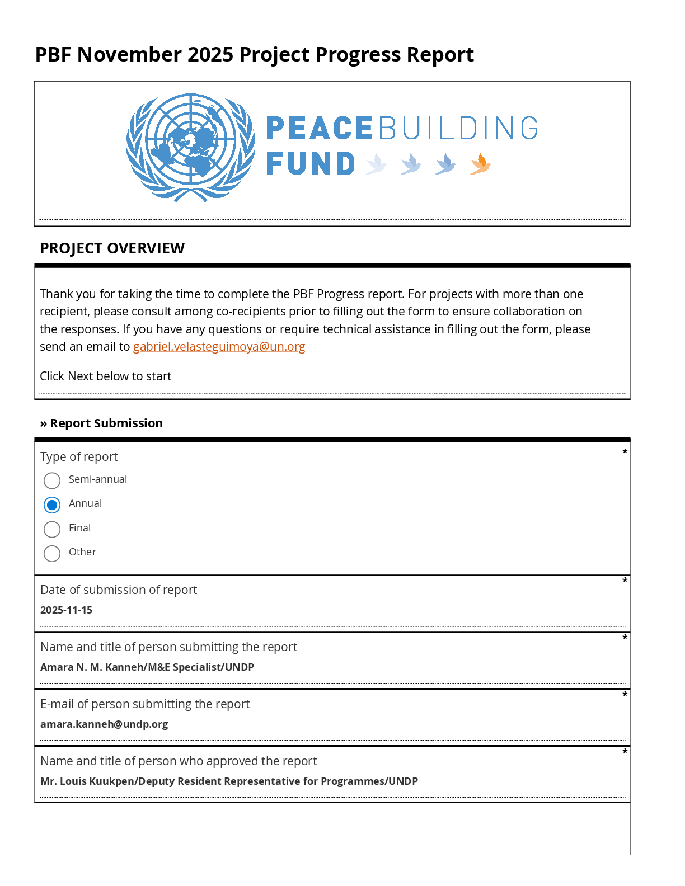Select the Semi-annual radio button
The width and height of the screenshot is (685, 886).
pyautogui.click(x=52, y=480)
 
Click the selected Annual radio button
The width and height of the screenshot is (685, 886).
pyautogui.click(x=52, y=505)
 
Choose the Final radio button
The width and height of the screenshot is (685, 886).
pyautogui.click(x=52, y=529)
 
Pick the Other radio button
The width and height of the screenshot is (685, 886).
pyautogui.click(x=52, y=554)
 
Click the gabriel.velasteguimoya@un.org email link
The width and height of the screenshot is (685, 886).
pyautogui.click(x=219, y=347)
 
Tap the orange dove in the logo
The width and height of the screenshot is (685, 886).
pyautogui.click(x=480, y=164)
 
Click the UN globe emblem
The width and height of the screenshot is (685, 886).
pyautogui.click(x=191, y=147)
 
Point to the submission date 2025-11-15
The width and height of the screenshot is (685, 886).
pyautogui.click(x=67, y=610)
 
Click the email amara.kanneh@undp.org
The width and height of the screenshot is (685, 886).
pyautogui.click(x=104, y=724)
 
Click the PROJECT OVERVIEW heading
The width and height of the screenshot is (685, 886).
pyautogui.click(x=112, y=248)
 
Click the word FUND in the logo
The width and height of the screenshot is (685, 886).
pyautogui.click(x=311, y=164)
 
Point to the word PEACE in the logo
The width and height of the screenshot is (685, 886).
pyautogui.click(x=319, y=129)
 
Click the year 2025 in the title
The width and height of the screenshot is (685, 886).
pyautogui.click(x=210, y=55)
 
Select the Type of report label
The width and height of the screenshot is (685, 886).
pyautogui.click(x=79, y=457)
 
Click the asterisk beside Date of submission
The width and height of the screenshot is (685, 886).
pyautogui.click(x=625, y=581)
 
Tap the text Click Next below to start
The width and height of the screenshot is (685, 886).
pyautogui.click(x=105, y=376)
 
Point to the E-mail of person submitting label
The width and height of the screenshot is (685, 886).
pyautogui.click(x=145, y=704)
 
